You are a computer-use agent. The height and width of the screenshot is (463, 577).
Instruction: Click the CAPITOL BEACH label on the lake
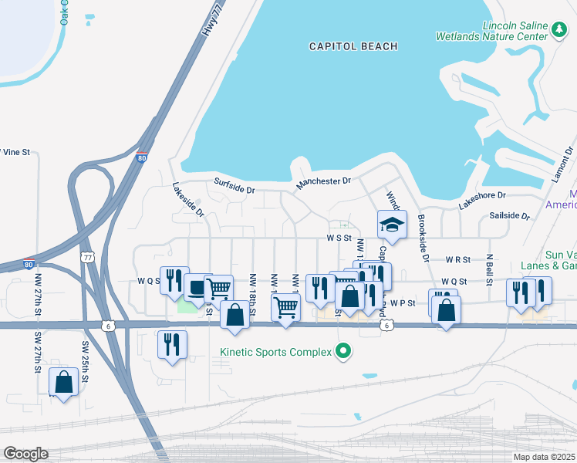point(353,46)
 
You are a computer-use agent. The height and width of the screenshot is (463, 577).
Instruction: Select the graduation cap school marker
point(392,225)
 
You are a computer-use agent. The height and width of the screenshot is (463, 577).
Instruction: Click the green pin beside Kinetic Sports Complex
point(344,352)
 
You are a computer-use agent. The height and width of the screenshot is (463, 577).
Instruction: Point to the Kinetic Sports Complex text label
point(274,352)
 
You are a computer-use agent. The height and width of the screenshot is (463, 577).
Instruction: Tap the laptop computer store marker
point(197,288)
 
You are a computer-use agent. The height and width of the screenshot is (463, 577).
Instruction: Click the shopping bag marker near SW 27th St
point(63,381)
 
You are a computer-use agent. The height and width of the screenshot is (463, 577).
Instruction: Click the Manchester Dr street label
point(324,184)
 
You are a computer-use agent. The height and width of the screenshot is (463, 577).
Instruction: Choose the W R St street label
point(457,260)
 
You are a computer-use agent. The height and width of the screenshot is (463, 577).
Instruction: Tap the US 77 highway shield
point(88,255)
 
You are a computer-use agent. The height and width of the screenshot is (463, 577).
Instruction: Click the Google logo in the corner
point(25,453)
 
